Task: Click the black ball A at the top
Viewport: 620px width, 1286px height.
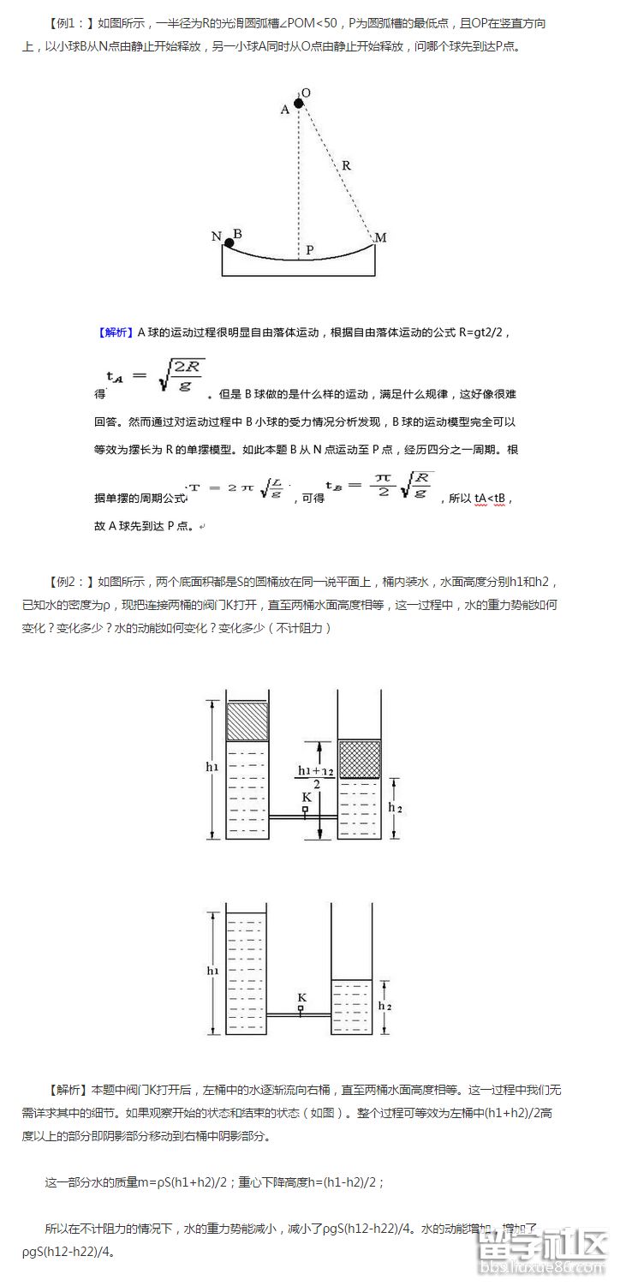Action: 298,104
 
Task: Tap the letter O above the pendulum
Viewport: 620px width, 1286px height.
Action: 306,93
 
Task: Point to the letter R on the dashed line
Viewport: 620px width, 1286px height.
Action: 345,165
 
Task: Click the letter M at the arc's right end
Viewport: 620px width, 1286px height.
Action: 381,237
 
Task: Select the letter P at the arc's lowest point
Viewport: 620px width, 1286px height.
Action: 309,250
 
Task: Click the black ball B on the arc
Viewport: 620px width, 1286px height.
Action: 229,243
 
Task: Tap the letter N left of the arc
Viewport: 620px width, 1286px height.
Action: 216,236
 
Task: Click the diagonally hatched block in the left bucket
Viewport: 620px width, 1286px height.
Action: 247,721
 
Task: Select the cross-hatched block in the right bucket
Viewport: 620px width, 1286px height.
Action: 359,758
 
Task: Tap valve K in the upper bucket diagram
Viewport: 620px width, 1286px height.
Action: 306,807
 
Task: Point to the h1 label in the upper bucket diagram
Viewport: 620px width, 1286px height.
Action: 212,767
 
